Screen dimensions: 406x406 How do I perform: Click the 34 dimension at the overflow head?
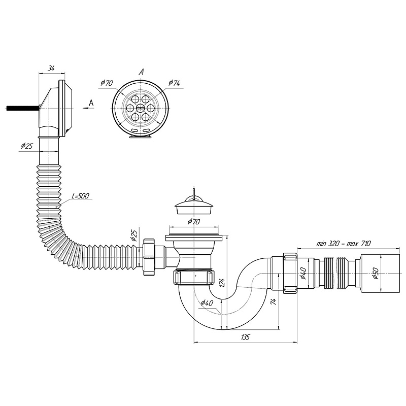pos(51,68)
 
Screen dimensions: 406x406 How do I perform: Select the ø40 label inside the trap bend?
pos(207,303)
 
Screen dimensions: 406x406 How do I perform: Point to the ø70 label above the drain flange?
pos(193,221)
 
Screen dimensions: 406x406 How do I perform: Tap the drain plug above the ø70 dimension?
pos(192,206)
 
